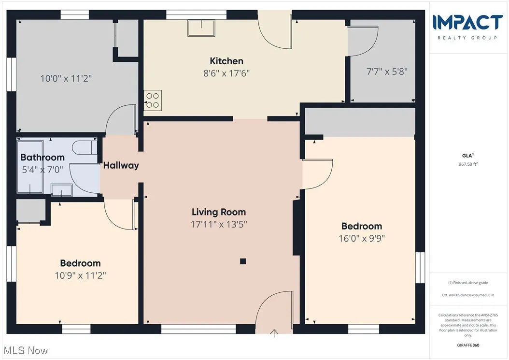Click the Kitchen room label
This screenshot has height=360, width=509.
click(226, 61)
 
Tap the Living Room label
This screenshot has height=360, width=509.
click(218, 212)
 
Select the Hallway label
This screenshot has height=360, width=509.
click(121, 165)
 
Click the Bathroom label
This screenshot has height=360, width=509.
click(42, 157)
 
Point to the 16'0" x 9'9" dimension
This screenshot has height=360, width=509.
click(362, 238)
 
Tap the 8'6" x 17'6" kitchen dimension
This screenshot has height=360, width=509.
click(226, 73)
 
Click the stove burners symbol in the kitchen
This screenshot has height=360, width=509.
click(153, 100)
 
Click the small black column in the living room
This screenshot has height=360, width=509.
click(243, 261)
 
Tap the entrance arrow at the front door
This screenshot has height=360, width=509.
click(274, 332)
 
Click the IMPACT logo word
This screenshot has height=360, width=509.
click(467, 23)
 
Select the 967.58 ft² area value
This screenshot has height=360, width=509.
click(468, 164)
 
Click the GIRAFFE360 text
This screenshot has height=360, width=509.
click(468, 346)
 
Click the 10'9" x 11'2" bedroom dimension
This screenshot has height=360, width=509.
click(80, 275)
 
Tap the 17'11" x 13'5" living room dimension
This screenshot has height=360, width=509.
click(218, 224)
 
